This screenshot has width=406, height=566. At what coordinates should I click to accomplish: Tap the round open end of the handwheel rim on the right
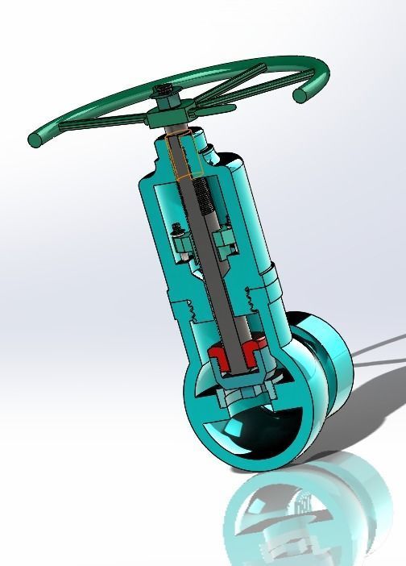[300, 95]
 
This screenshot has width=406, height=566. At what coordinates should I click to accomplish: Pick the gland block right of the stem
[225, 241]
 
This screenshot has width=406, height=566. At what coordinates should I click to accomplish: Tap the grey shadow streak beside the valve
[379, 355]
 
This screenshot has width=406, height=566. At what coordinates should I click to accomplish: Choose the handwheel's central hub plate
[171, 119]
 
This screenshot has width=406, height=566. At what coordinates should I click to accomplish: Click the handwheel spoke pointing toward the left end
[97, 126]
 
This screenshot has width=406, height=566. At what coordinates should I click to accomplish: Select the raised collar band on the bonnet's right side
[270, 282]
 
